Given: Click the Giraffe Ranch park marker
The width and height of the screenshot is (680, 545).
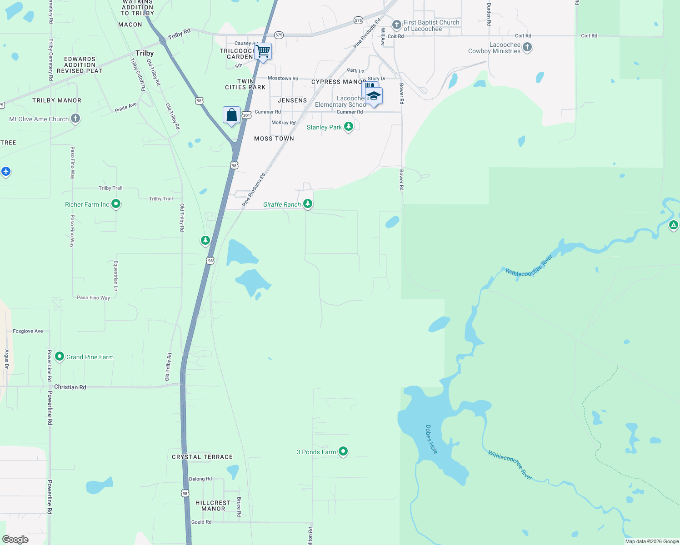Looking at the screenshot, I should (x=308, y=203).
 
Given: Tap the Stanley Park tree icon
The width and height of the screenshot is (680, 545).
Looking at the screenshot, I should (x=349, y=126).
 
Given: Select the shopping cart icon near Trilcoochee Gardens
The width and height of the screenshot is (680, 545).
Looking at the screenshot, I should (x=263, y=51).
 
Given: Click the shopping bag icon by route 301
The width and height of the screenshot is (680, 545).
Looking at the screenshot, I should (x=231, y=115).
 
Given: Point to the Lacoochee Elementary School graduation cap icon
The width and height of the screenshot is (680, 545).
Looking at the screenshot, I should (x=374, y=96).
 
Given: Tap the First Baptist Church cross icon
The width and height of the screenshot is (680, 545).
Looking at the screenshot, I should (x=396, y=25).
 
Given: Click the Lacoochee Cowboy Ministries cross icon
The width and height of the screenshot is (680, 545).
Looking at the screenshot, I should (x=527, y=47).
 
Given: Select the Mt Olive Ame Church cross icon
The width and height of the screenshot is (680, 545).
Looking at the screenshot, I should (x=75, y=119).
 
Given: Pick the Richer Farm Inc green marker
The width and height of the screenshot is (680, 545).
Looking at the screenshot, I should (x=116, y=204).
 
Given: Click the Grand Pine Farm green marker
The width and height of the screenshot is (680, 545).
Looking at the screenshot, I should (x=59, y=357).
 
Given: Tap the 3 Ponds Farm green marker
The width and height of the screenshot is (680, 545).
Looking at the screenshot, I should (x=343, y=451).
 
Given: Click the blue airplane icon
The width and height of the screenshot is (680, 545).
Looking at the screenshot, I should (x=6, y=171).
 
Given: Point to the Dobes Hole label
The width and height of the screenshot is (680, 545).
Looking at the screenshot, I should (x=431, y=439).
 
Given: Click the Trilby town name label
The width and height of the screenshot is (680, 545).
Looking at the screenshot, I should (x=145, y=53).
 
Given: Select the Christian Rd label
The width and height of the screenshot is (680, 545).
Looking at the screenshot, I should (x=70, y=387).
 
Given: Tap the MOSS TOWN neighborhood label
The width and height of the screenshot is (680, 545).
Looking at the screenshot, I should (x=274, y=139).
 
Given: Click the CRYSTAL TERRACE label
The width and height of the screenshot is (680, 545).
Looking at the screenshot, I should (x=202, y=457).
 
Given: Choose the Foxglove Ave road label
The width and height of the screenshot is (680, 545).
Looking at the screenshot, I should (x=28, y=331).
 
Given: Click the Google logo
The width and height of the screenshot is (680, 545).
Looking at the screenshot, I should (x=15, y=539).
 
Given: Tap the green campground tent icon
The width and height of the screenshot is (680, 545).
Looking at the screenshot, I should (x=673, y=224).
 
